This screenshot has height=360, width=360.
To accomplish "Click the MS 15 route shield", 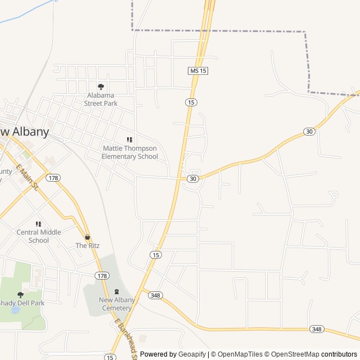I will pos(198,70).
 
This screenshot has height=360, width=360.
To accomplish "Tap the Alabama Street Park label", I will pos(101,99).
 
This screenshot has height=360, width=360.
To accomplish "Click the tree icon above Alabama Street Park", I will pos(101,87).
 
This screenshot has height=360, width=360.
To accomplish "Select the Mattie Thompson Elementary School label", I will pos(129,152).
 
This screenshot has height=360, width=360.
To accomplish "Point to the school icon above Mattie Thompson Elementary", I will pos(129,139).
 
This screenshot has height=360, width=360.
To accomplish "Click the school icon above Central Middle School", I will pos(38,224).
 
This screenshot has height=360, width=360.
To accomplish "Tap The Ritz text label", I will pos(87,246).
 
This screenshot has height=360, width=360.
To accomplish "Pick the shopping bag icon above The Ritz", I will pos(87,237).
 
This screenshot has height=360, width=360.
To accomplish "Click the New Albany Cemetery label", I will pos(117,304).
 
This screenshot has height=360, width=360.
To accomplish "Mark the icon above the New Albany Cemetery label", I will pos(117,291).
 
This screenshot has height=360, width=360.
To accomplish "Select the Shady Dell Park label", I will pos(21,303).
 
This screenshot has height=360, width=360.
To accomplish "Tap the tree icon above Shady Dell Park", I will pos(21,294).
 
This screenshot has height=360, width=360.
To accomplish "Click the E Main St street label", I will pos(26,178).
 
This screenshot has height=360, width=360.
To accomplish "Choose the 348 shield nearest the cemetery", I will pos(156,295).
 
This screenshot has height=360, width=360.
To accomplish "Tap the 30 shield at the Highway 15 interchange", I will pos(193,178).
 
